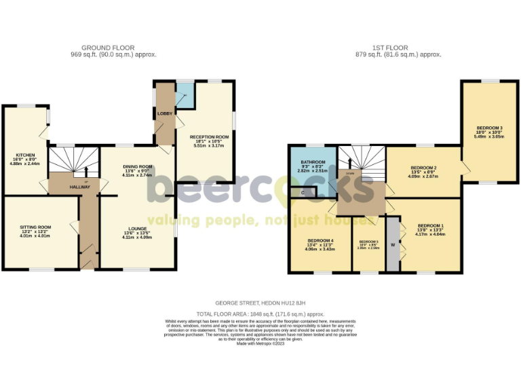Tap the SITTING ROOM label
pos(35,227)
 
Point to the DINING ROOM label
pos(138,166)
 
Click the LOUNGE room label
pos(136,228)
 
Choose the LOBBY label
pos(164,113)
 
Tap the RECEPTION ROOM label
pos(209,136)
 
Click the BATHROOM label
pos(313,162)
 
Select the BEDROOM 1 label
pos(431,225)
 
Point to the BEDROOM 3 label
pos(488,128)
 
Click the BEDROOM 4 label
pos(320,241)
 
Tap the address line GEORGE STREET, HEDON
pos(260,302)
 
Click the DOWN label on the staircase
pos(350,174)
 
